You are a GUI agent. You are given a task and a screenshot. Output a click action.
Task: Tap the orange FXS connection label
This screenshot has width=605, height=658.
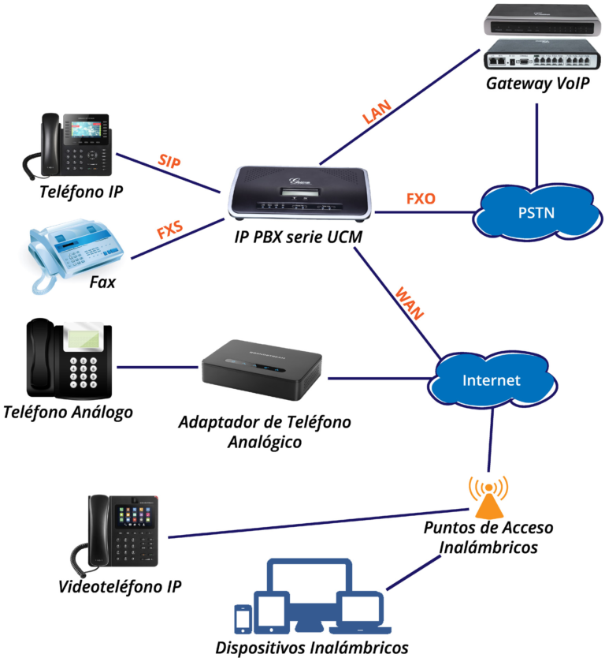pyautogui.click(x=170, y=232)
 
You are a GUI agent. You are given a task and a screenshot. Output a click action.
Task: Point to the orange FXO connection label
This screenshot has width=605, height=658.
pyautogui.click(x=420, y=198)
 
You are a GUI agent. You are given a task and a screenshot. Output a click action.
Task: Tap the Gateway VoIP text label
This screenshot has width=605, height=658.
pyautogui.click(x=537, y=84)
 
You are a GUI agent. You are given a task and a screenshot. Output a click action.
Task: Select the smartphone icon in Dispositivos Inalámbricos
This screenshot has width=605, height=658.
pyautogui.click(x=243, y=619)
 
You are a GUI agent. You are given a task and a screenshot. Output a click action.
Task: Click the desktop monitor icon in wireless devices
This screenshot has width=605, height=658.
pyautogui.click(x=308, y=585)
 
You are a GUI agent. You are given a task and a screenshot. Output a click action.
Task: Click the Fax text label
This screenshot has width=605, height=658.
pyautogui.click(x=102, y=281)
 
